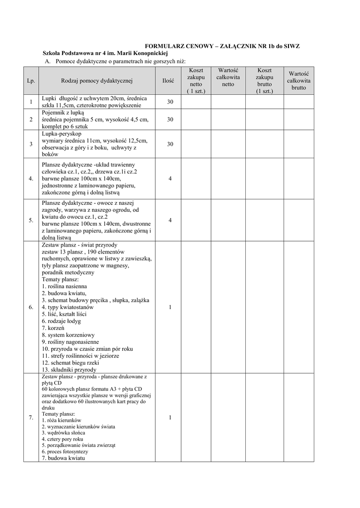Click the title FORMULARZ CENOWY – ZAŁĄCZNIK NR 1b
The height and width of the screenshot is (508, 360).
[218, 46]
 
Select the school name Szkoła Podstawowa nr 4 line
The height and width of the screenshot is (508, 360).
[106, 53]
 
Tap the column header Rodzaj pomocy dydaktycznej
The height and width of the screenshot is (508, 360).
[97, 80]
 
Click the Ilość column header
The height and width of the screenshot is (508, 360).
[168, 80]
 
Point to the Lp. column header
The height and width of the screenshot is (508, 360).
[31, 80]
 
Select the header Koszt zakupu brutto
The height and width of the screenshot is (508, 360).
[264, 80]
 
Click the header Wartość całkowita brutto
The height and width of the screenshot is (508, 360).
[298, 80]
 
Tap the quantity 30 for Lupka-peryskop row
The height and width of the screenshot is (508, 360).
[170, 144]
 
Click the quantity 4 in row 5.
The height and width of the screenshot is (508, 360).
[170, 220]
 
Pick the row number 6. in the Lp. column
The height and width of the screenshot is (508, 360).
[31, 308]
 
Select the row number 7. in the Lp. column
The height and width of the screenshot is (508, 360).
[31, 418]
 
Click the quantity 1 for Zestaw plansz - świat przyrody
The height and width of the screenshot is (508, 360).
[170, 308]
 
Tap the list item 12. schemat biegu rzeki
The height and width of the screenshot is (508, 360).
[71, 363]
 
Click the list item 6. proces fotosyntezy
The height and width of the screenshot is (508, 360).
[65, 452]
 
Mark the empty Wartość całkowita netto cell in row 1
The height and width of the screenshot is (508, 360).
[228, 102]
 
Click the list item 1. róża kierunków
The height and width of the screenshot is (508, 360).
[62, 420]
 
